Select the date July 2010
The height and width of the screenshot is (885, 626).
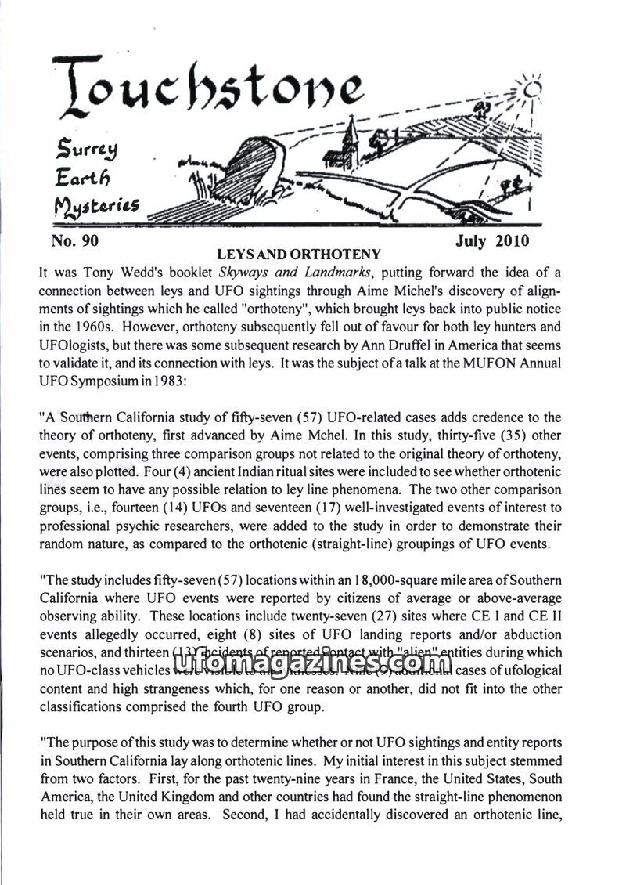point(492,240)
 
